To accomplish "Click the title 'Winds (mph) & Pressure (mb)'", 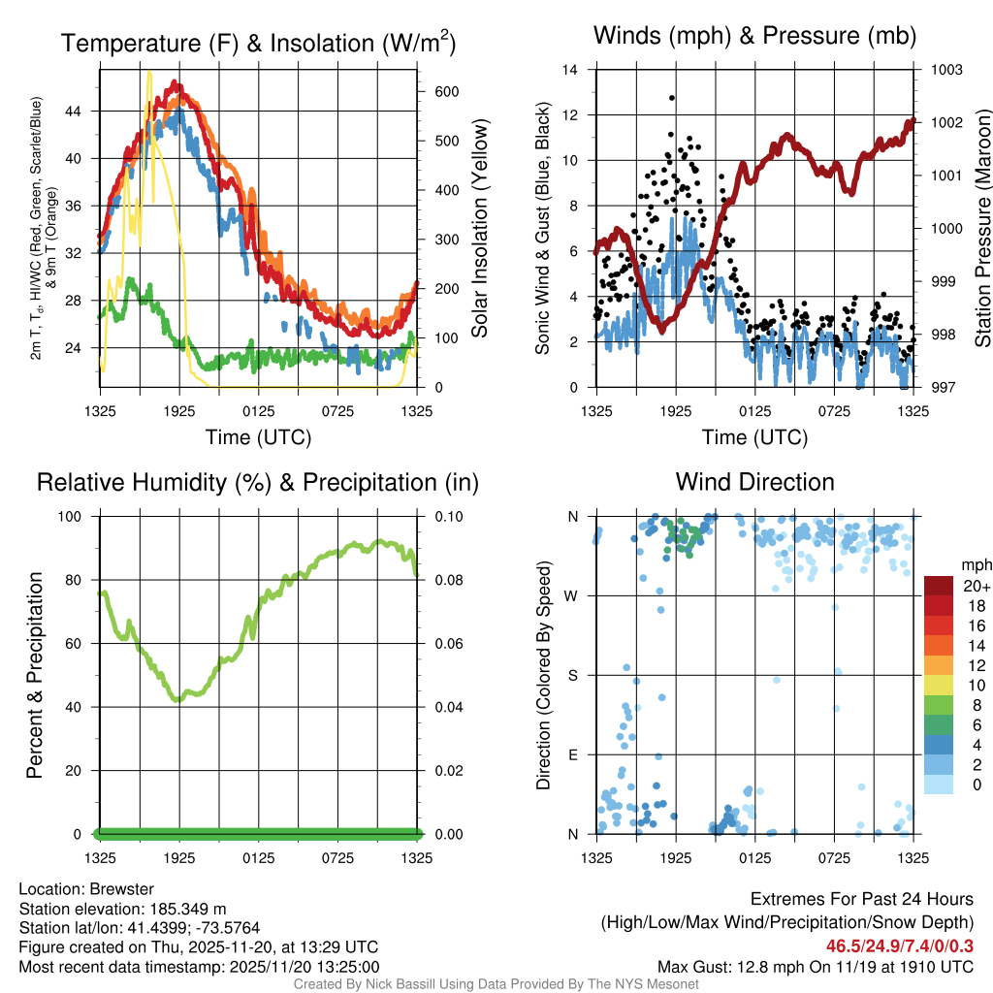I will tap(754, 36).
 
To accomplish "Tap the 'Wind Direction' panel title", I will tap(754, 482).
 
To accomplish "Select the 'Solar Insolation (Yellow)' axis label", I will tap(480, 229).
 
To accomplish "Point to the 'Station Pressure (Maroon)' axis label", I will tap(981, 229).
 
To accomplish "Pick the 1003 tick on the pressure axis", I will tap(945, 70).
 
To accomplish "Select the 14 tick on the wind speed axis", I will tap(570, 70).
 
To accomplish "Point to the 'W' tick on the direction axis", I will tap(572, 595).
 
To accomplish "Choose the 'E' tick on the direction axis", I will tap(572, 754).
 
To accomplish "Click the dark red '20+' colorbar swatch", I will tap(938, 585).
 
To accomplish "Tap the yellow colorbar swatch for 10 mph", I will tap(938, 685).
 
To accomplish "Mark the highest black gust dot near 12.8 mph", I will tap(671, 98).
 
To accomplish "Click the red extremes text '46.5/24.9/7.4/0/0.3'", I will tap(900, 945).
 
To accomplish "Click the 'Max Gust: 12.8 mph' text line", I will tap(815, 966).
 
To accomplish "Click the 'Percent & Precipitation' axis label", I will tap(35, 675).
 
